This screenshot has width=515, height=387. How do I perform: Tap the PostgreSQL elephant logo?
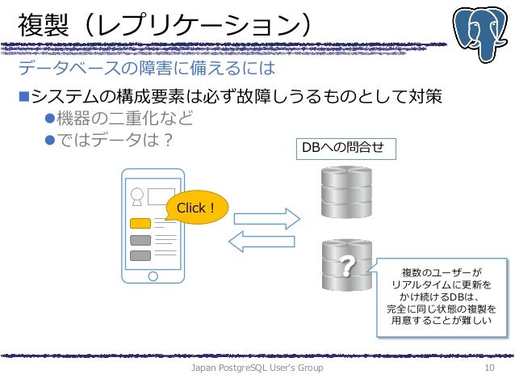[482, 32]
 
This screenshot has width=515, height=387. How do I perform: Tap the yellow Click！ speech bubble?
[196, 208]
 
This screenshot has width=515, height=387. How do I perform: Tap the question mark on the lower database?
[347, 265]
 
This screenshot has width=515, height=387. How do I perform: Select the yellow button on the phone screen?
[140, 223]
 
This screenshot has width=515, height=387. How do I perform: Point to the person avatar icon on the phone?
[137, 195]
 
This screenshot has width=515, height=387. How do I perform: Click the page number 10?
[488, 368]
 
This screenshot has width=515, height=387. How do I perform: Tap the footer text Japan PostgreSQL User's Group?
[256, 368]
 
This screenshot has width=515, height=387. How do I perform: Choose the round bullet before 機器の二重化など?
[48, 119]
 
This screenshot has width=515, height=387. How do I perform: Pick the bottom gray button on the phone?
[140, 255]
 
